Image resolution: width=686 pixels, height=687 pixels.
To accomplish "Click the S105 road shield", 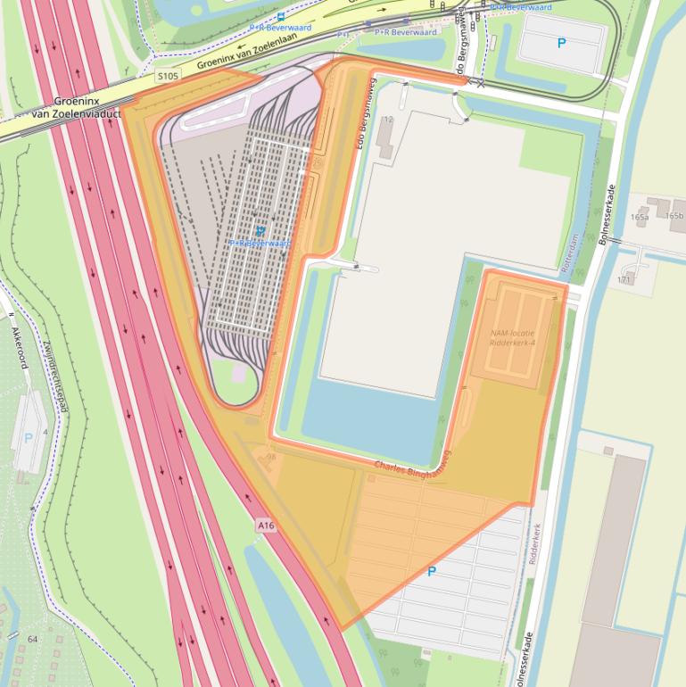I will click(167, 76).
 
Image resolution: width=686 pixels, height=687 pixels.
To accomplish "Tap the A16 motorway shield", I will click(266, 526).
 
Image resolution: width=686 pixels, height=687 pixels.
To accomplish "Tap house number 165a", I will click(640, 217).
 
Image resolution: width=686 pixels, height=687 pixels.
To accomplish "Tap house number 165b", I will click(674, 216).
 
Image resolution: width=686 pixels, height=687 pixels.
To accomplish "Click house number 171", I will click(624, 280).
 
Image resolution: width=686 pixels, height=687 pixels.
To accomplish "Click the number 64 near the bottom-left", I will click(32, 640).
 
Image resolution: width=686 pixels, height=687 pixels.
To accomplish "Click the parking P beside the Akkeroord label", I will click(29, 438).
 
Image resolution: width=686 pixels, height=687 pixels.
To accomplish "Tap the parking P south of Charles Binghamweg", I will click(433, 571).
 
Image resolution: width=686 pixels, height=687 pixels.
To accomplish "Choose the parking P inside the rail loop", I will click(561, 42).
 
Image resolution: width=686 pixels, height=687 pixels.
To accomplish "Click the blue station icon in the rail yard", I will click(260, 230).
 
